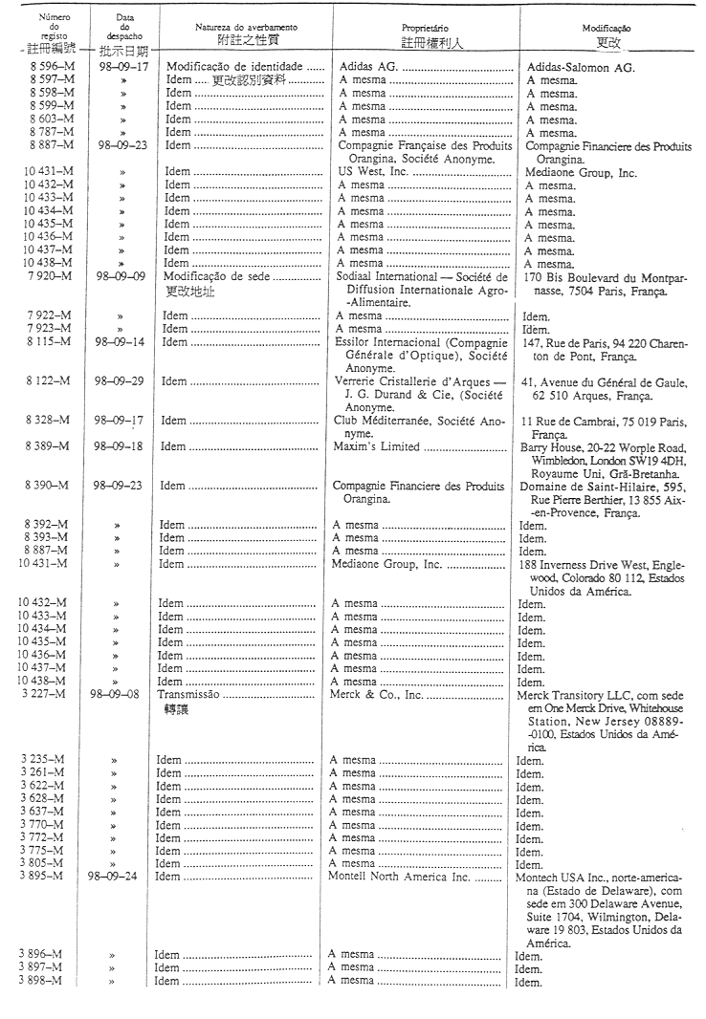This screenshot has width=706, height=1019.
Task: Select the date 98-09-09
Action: point(119,277)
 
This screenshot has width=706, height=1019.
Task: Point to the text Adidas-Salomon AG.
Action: point(581,68)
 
